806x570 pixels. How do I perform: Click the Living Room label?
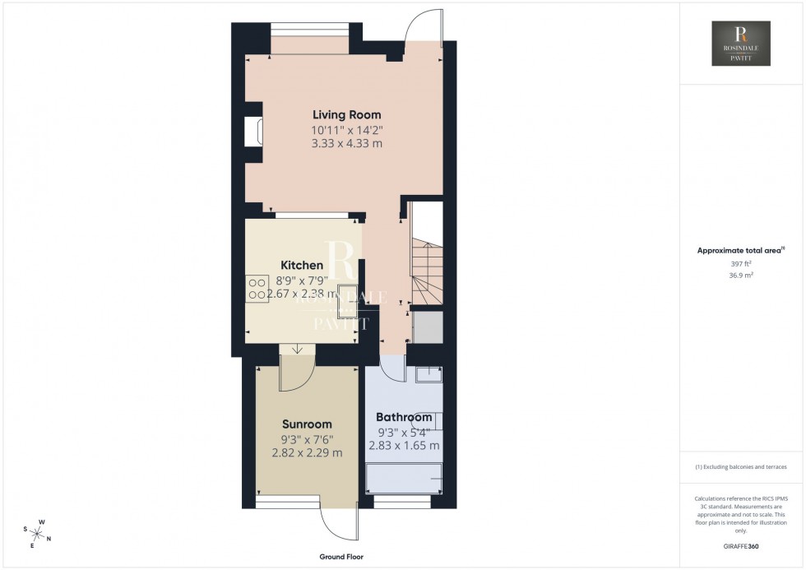coord(346,115)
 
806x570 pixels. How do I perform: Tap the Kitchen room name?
coord(302,265)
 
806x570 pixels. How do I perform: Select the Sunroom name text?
coord(307,424)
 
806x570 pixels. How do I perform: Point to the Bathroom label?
coord(404,417)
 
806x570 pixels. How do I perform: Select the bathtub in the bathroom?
coord(404,478)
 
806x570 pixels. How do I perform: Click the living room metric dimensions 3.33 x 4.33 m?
coord(346,144)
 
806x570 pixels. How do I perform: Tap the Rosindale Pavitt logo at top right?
coord(741,44)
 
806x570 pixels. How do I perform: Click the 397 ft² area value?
coord(741,263)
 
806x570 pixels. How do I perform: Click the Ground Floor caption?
coord(341,557)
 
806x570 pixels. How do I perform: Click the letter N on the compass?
coord(49,539)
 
